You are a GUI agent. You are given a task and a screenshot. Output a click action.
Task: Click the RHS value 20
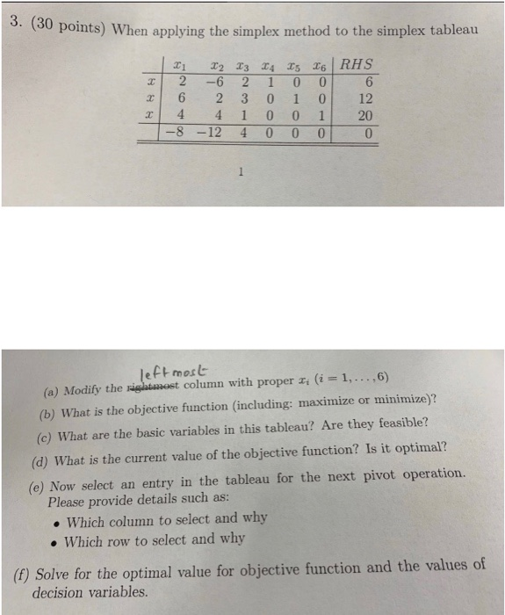[367, 117]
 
